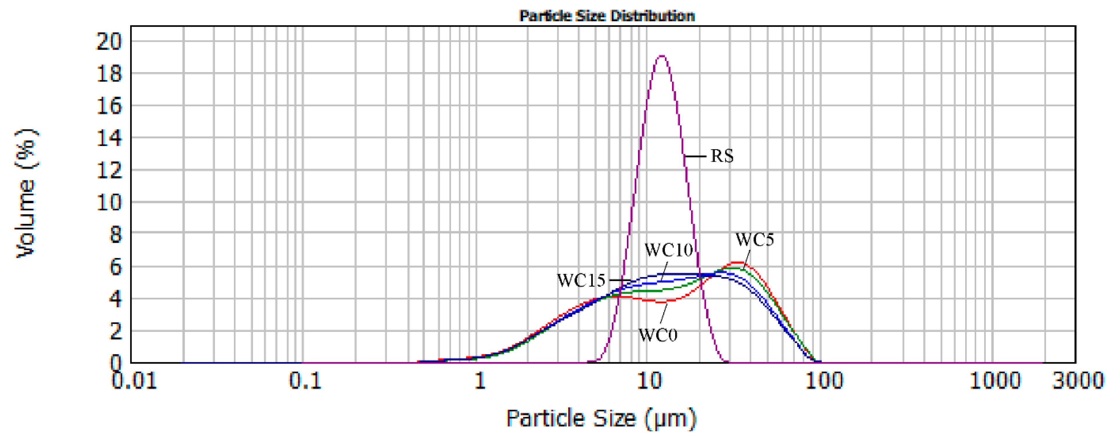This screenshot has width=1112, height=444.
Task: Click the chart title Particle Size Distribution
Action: click(x=607, y=16)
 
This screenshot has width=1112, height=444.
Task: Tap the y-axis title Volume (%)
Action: click(x=26, y=193)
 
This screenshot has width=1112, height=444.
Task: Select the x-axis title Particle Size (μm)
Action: click(x=601, y=418)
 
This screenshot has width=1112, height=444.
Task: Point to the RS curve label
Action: click(x=722, y=156)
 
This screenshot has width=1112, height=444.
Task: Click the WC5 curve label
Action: click(x=755, y=239)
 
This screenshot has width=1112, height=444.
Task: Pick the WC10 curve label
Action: click(x=668, y=250)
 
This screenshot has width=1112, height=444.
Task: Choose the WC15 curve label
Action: click(x=581, y=280)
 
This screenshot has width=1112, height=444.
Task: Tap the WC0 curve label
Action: click(x=658, y=335)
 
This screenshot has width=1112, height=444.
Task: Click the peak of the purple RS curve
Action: click(x=661, y=56)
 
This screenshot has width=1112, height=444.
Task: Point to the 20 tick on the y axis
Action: click(x=109, y=42)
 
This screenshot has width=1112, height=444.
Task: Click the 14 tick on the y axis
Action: click(x=109, y=138)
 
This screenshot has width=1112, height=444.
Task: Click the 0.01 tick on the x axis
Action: click(x=134, y=381)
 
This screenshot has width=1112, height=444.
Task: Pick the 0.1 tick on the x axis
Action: click(x=305, y=381)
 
